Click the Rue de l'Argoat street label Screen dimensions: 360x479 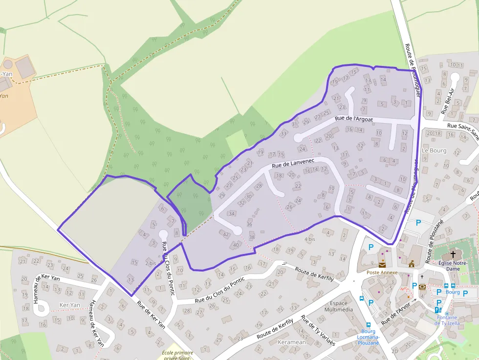point(354,119)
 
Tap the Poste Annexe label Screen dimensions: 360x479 point(382,273)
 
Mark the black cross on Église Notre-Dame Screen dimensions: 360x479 point(453,254)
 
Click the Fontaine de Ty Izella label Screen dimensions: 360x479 point(453,320)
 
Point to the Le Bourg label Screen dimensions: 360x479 point(434,150)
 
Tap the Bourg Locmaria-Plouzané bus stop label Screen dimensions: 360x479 point(368,337)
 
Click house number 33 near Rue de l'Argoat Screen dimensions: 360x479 point(283,133)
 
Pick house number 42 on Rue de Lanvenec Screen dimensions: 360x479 point(226,234)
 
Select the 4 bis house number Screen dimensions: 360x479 point(310,239)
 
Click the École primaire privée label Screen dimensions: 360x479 point(177,355)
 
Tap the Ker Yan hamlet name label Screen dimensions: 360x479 point(69,305)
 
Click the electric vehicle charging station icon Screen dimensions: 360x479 point(438,310)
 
